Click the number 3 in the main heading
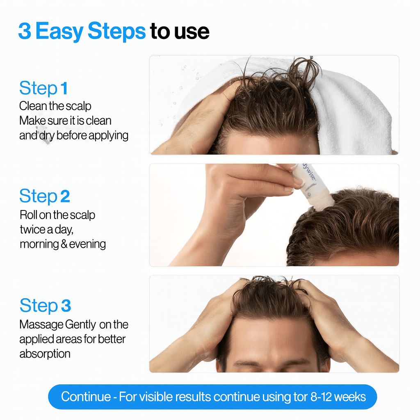click(x=24, y=32)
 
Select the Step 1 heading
click(x=43, y=88)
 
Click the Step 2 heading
click(x=44, y=196)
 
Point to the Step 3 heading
click(x=45, y=306)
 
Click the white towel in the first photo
click(x=353, y=111)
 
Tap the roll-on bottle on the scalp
click(x=314, y=187)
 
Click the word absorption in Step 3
click(x=45, y=354)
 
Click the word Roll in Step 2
click(x=28, y=215)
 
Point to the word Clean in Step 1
click(x=32, y=106)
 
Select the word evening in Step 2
click(x=87, y=244)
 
